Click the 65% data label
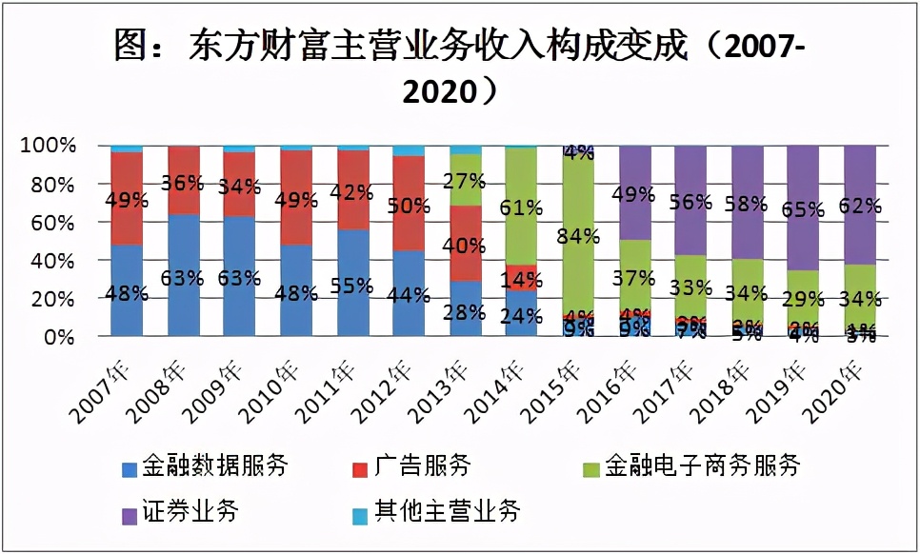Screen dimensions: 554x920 click(x=803, y=210)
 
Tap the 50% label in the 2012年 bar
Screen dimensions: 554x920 click(x=410, y=206)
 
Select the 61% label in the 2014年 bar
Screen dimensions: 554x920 click(x=523, y=208)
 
